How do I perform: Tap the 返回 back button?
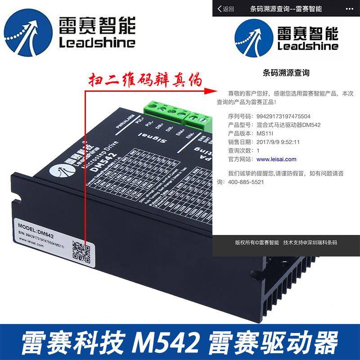[225, 9]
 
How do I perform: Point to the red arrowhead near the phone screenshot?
[207, 89]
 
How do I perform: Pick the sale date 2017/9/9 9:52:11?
[278, 142]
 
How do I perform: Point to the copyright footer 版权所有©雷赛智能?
[257, 243]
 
